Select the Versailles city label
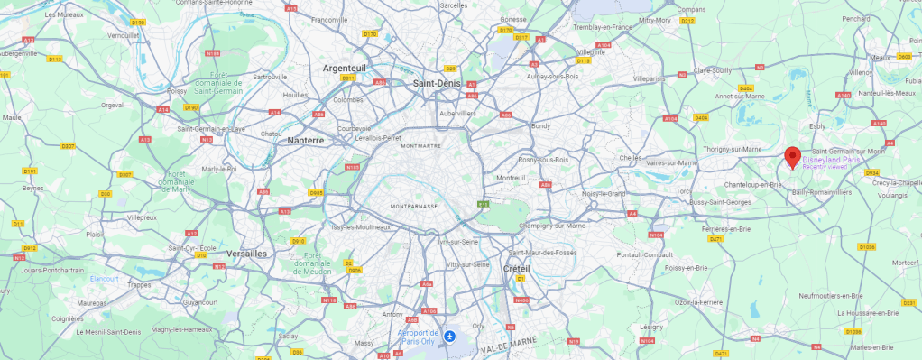coord(247,254)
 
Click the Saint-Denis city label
coord(437,83)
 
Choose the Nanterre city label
coord(311,141)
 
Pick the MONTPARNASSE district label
coord(414,206)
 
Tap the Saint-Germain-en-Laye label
coord(211,128)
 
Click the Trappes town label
coord(142,284)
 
